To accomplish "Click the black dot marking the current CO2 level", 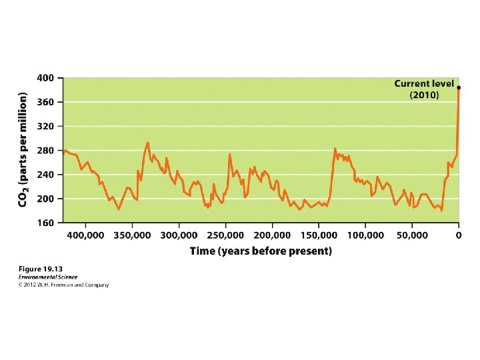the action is (x=458, y=88).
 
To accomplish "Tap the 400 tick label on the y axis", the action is (x=45, y=78).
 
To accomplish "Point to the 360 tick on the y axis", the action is (x=45, y=102).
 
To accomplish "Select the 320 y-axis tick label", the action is (x=45, y=127).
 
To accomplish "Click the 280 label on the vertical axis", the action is (x=45, y=151).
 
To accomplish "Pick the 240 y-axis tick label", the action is (x=45, y=175).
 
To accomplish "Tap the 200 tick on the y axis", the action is (x=45, y=199).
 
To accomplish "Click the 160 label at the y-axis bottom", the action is (x=45, y=223).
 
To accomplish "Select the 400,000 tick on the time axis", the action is (x=86, y=236).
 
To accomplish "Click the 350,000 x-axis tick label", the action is (x=132, y=236).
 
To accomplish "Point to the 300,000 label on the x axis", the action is (x=179, y=236).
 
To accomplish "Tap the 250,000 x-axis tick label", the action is (x=225, y=236).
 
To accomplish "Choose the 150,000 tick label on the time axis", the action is (x=319, y=236).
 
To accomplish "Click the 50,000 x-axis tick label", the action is (x=412, y=236).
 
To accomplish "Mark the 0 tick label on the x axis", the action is (x=458, y=235).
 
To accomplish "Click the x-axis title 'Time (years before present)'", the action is (x=261, y=251).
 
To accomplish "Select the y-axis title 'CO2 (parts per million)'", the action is (x=23, y=150).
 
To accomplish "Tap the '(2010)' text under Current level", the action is (x=424, y=95).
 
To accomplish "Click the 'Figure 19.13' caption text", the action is (x=41, y=269).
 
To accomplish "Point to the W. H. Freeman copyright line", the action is (x=63, y=285).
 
